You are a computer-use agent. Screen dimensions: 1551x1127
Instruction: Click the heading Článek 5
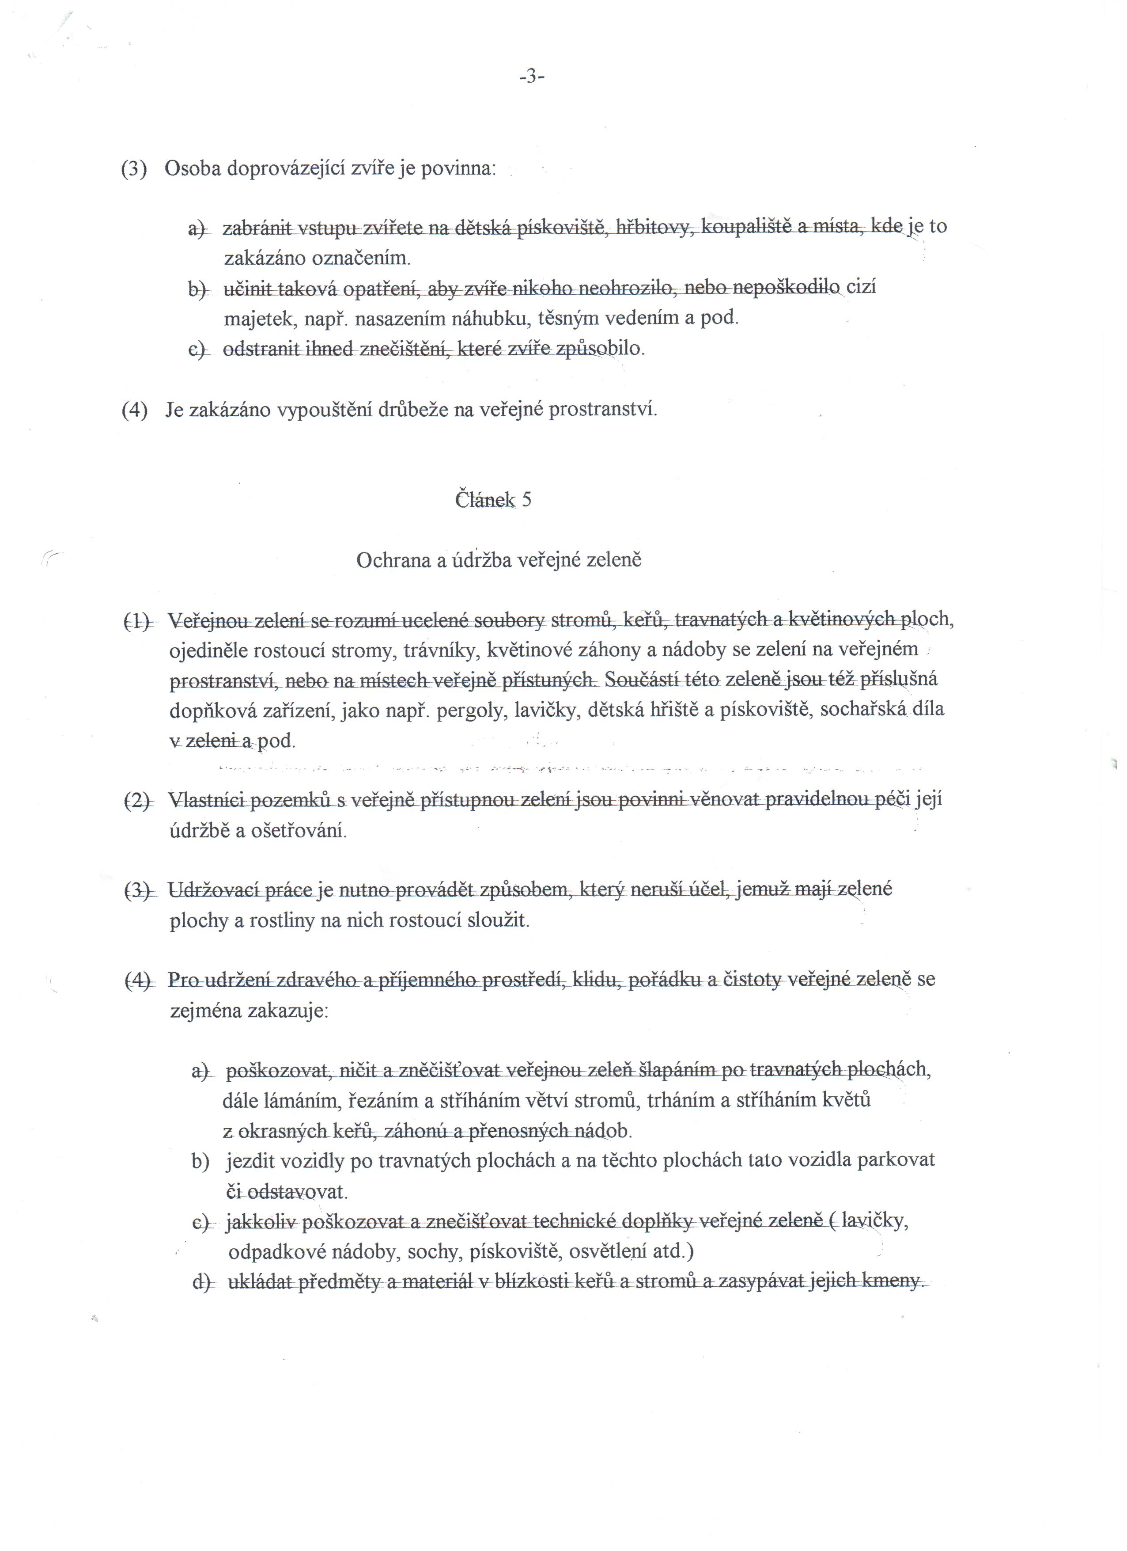(493, 500)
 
